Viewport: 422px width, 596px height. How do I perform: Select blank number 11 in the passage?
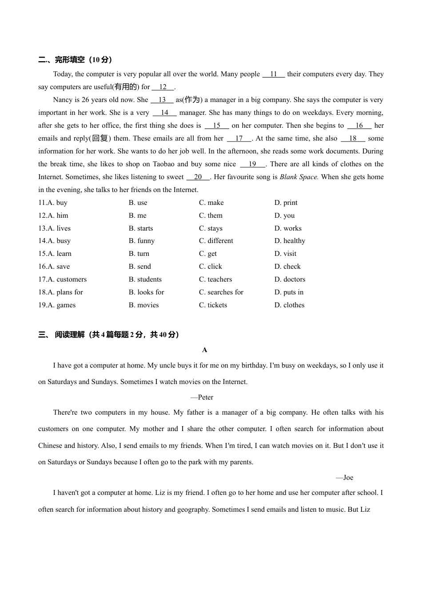[274, 74]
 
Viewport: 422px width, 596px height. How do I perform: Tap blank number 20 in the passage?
[198, 177]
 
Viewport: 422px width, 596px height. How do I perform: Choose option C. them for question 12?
[211, 216]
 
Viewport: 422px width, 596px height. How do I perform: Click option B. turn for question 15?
[139, 254]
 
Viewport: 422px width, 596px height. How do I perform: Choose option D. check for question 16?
[287, 267]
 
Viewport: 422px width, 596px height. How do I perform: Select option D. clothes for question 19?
[289, 305]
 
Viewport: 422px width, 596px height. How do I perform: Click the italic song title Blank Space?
[299, 177]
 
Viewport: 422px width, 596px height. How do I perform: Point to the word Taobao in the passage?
[163, 164]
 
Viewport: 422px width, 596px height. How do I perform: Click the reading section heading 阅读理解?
[70, 335]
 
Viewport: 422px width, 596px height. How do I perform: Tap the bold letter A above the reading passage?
[205, 350]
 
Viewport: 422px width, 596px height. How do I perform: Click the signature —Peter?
[202, 397]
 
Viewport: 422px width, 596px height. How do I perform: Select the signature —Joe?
[345, 478]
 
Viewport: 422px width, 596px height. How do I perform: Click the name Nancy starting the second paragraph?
[63, 100]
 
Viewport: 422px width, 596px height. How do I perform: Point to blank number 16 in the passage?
[359, 125]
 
